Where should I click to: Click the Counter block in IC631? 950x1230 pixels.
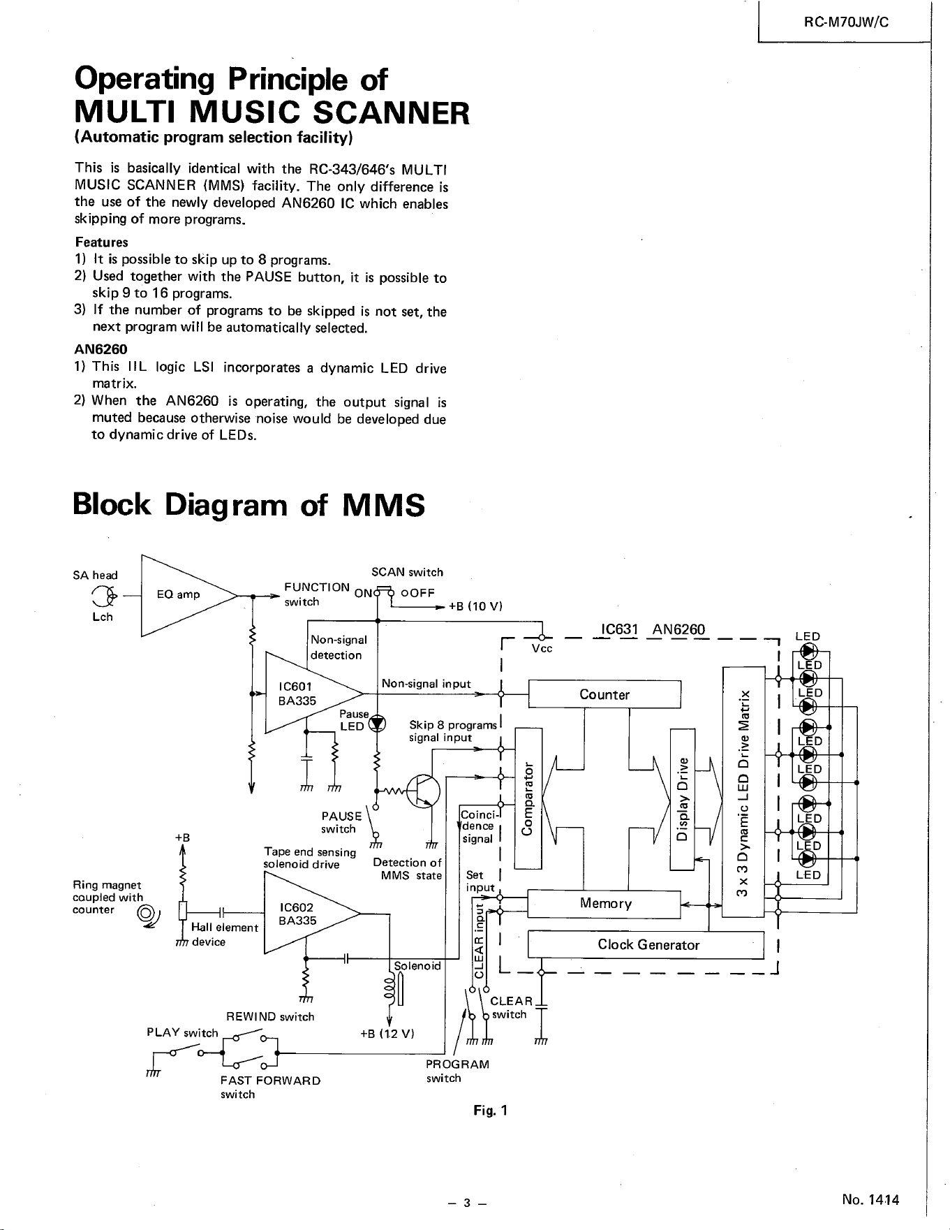click(604, 694)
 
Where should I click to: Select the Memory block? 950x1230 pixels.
click(604, 904)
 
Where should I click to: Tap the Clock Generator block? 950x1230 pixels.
click(646, 945)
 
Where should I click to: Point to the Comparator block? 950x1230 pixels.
click(528, 798)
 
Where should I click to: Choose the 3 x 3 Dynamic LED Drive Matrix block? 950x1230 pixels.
click(744, 791)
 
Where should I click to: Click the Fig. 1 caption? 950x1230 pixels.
click(489, 1111)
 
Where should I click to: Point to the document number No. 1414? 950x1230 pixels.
click(870, 1200)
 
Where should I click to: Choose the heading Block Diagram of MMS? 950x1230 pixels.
click(248, 505)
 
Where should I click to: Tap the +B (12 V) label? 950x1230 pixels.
click(387, 1034)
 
